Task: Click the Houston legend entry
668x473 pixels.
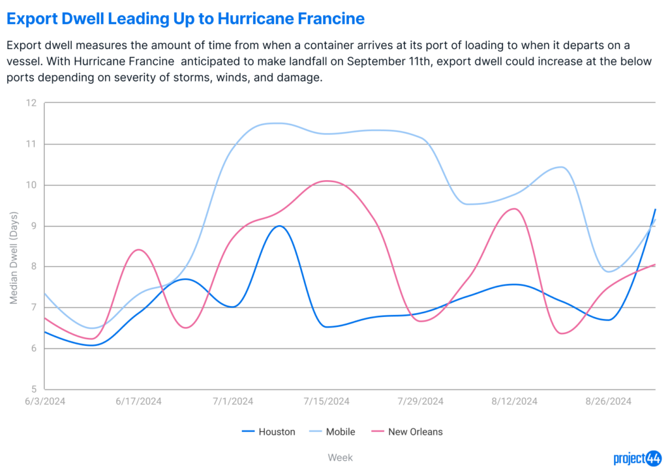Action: click(268, 432)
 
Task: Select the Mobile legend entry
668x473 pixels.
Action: click(332, 432)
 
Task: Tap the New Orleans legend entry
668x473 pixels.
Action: click(407, 432)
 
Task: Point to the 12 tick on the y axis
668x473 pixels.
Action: click(31, 102)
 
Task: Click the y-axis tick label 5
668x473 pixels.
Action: click(34, 389)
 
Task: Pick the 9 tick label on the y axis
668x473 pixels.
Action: click(34, 226)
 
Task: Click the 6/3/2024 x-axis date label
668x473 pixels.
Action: click(45, 401)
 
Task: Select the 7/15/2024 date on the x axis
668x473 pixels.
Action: click(326, 401)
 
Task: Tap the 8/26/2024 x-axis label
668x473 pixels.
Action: click(609, 401)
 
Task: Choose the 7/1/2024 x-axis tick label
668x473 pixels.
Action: click(233, 401)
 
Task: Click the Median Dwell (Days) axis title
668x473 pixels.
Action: click(14, 258)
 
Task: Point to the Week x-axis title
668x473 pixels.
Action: click(340, 457)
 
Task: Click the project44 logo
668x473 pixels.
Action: click(637, 459)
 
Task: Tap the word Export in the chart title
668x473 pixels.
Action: click(32, 19)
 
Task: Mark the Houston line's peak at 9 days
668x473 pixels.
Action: click(279, 226)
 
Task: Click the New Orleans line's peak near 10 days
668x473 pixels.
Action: click(327, 181)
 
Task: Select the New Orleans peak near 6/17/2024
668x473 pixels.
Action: click(138, 250)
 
